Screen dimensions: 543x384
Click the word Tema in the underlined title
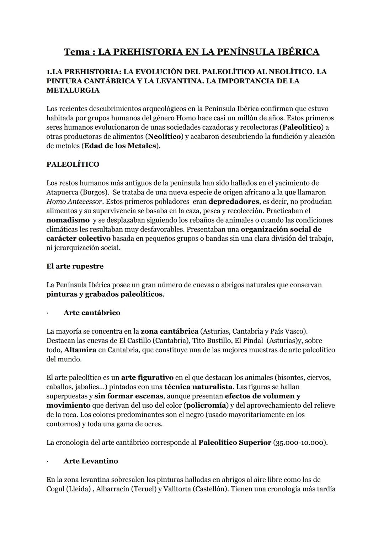point(77,52)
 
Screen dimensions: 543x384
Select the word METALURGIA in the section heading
point(73,90)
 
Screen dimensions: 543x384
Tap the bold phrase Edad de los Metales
point(120,146)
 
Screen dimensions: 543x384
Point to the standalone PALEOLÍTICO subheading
point(73,165)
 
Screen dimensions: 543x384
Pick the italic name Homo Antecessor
point(75,202)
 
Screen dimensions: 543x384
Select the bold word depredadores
point(234,202)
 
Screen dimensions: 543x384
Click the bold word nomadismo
point(68,220)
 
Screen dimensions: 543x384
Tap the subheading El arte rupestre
point(75,266)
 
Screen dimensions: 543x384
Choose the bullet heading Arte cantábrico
point(92,313)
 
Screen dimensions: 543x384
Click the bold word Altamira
point(80,350)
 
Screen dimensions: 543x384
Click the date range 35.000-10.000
point(299,443)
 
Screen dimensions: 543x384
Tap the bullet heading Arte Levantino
point(91,461)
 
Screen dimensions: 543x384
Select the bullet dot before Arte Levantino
point(47,461)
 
